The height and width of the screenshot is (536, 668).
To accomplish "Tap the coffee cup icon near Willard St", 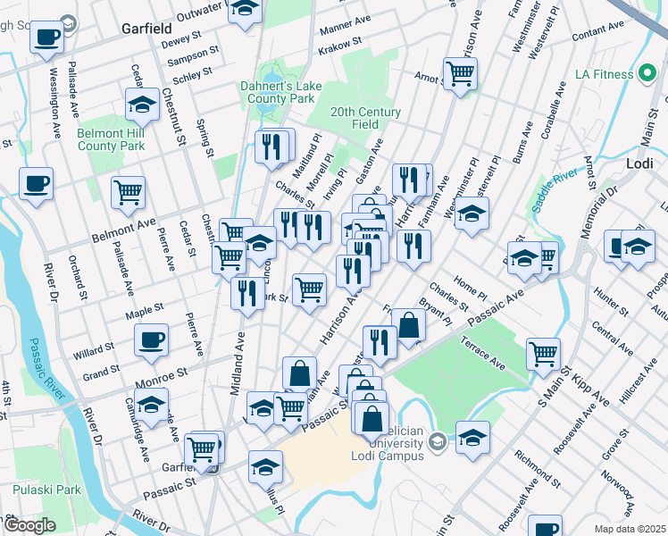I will [x=150, y=339].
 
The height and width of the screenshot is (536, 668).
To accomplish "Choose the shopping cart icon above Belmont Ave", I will [x=129, y=191].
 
